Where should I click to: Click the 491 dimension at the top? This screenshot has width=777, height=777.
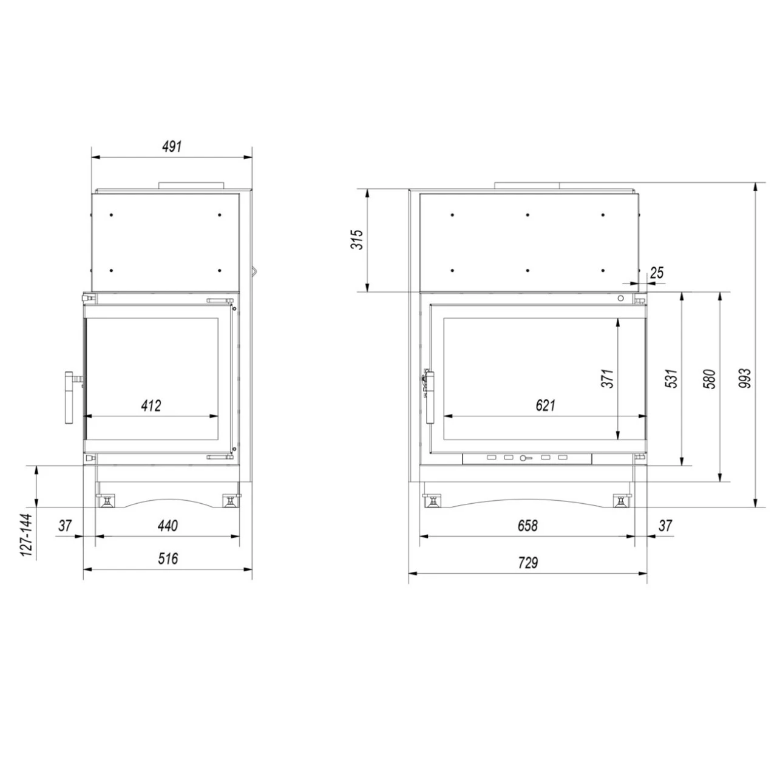pos(172,147)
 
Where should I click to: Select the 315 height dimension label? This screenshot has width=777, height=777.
pos(358,240)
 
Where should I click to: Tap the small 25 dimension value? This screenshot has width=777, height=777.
pos(657,273)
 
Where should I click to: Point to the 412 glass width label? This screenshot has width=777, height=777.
pos(151,405)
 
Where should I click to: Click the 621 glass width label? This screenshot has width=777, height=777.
pos(545,405)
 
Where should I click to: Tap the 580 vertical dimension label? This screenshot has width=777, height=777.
pos(710,378)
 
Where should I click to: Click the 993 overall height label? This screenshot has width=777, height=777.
pos(746,378)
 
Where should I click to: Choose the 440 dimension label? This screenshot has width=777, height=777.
pos(168,526)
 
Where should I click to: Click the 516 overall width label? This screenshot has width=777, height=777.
pos(168,558)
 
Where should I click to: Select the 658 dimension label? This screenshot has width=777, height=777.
pos(528,526)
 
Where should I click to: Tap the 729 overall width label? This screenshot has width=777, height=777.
pos(528,563)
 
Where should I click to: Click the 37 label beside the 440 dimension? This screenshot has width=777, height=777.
pos(66,526)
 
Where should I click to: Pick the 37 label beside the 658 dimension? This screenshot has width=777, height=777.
pos(665,526)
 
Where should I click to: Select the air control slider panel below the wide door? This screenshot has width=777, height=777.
pos(528,458)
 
